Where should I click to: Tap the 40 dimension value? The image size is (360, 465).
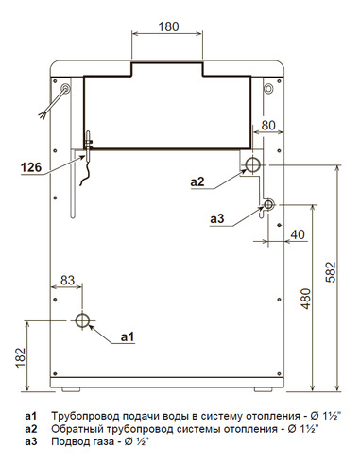click(x=298, y=233)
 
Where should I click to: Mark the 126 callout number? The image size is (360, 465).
click(x=31, y=169)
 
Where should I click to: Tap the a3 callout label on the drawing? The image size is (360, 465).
click(x=217, y=218)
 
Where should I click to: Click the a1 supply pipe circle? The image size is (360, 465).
click(x=84, y=319)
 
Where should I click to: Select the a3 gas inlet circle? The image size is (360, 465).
click(x=269, y=204)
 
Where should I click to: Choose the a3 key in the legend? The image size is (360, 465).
click(x=31, y=440)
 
